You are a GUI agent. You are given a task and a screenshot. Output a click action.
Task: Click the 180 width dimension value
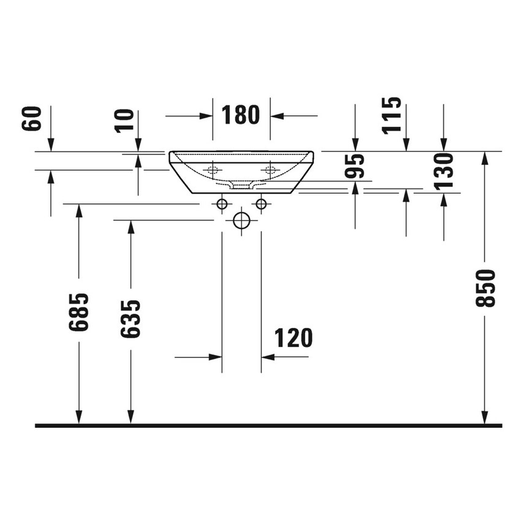(x=240, y=115)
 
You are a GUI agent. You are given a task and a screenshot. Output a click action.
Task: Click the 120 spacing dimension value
(x=293, y=338)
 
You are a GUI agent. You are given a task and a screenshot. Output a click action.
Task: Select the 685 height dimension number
(x=78, y=312)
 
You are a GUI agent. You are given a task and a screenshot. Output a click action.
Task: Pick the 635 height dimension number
(x=131, y=318)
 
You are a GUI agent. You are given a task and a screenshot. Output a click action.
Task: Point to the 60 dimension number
(x=32, y=118)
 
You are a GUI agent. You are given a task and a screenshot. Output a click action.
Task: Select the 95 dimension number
(x=355, y=166)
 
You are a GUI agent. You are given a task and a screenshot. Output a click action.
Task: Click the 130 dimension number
(x=444, y=170)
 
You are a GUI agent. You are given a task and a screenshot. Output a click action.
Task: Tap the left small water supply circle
(x=222, y=203)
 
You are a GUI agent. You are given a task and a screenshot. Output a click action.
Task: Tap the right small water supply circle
(x=262, y=203)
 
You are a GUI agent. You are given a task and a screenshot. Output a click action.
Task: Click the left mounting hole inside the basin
(x=213, y=170)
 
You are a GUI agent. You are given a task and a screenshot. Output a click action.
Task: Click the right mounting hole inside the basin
(x=270, y=170)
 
